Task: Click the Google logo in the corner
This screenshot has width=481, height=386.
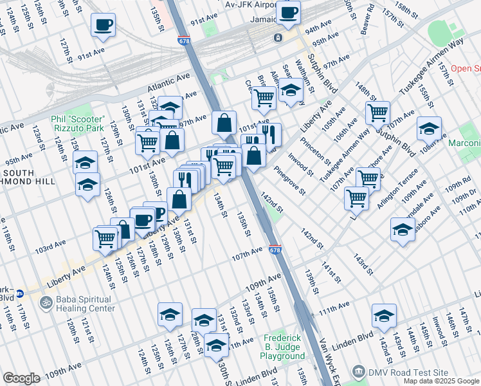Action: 21,378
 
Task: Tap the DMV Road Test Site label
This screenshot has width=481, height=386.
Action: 407,372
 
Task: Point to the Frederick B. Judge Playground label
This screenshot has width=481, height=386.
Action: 284,347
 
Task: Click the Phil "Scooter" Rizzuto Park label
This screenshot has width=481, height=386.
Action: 77,124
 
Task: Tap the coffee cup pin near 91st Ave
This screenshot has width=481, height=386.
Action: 103,26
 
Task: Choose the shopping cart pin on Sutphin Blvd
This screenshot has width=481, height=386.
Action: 377,113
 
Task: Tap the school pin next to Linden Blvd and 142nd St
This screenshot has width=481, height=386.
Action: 384,315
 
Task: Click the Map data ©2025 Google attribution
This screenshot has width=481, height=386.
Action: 440,381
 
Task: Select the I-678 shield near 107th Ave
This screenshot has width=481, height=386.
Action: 275,250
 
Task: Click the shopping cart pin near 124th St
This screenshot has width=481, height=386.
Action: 106,238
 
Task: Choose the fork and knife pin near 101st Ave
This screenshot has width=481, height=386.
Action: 269,134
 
